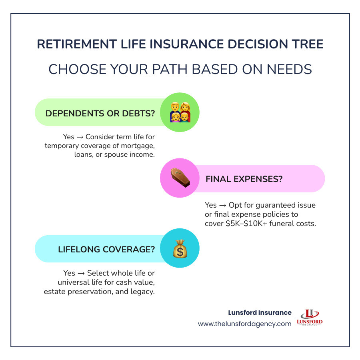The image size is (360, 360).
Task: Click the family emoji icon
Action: [180, 112]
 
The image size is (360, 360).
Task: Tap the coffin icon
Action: [180, 178]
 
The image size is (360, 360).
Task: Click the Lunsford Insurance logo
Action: [310, 318]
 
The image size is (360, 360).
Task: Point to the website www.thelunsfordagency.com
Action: [244, 324]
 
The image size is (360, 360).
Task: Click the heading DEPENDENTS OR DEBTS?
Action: [100, 113]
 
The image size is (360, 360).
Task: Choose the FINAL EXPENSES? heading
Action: [244, 179]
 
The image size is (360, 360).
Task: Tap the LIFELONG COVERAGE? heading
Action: [106, 249]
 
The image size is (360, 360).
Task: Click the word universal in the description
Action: [63, 282]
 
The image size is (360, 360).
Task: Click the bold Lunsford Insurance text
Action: [260, 312]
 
